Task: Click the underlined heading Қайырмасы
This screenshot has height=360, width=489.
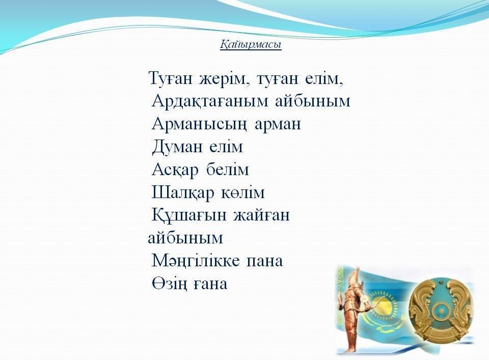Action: pyautogui.click(x=251, y=45)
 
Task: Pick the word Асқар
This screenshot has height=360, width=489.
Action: pyautogui.click(x=175, y=170)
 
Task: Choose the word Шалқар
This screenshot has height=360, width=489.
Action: pyautogui.click(x=183, y=192)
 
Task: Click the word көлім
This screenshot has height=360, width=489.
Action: pyautogui.click(x=243, y=192)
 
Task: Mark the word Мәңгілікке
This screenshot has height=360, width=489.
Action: pyautogui.click(x=196, y=261)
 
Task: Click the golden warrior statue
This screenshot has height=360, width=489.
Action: pyautogui.click(x=352, y=309)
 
